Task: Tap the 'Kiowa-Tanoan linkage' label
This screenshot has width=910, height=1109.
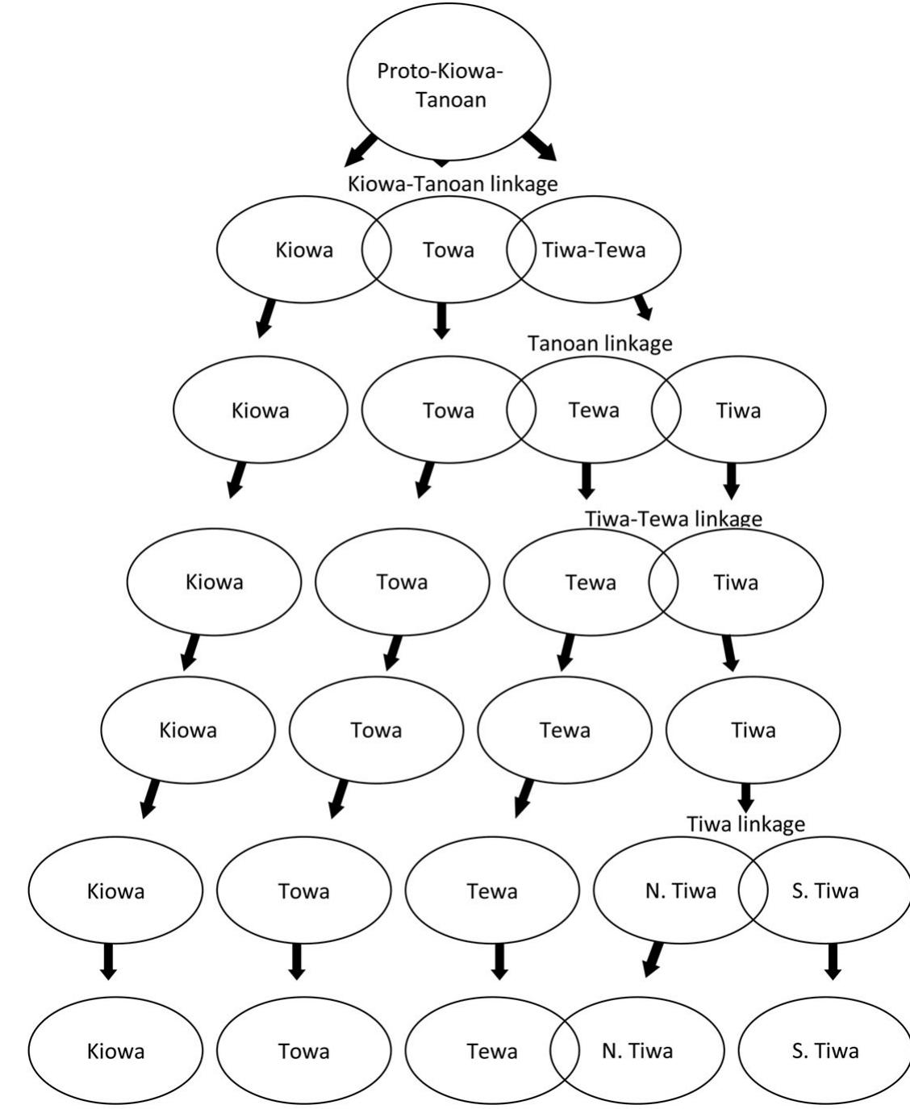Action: point(453,184)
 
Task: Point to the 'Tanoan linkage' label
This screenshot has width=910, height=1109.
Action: point(599,343)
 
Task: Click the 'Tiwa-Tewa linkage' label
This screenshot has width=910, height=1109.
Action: point(673,518)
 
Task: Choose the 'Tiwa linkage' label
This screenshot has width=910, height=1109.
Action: point(745,823)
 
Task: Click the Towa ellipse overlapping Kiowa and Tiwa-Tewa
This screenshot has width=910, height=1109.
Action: point(449,250)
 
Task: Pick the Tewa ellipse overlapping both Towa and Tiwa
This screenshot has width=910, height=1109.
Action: point(594,410)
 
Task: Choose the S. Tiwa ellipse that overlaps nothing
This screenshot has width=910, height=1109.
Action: point(824,1051)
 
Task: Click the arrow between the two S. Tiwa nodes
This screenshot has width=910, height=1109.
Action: point(833,961)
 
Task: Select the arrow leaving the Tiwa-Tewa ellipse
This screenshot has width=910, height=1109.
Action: point(642,307)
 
